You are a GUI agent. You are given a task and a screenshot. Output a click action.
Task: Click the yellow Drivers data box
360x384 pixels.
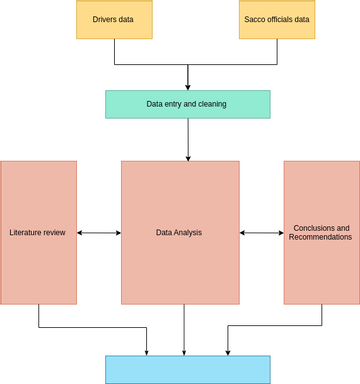115,19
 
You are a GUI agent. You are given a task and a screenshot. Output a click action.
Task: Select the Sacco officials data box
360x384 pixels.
276,19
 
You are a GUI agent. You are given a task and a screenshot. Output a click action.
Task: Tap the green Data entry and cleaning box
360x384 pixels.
187,104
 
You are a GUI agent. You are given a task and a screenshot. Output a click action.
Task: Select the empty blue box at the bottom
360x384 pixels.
187,369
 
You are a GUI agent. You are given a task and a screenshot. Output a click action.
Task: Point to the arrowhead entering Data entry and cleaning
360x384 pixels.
188,86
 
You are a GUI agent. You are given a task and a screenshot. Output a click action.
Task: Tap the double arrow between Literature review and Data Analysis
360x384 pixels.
99,233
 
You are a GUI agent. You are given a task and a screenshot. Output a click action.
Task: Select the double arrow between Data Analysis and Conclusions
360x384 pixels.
262,233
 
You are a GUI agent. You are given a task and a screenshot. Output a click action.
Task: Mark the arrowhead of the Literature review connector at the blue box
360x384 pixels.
147,350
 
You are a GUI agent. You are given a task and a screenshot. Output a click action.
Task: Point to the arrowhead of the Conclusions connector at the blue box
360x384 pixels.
228,350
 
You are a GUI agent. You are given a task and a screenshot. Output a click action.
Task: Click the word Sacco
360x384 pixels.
255,19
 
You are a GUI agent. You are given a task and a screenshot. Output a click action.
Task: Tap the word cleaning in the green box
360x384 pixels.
211,104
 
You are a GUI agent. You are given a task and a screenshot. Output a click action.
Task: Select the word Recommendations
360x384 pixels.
321,238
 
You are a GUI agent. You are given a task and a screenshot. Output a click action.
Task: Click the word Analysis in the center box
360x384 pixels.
190,233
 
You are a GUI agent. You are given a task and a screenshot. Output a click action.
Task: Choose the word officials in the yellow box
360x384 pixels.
282,19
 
